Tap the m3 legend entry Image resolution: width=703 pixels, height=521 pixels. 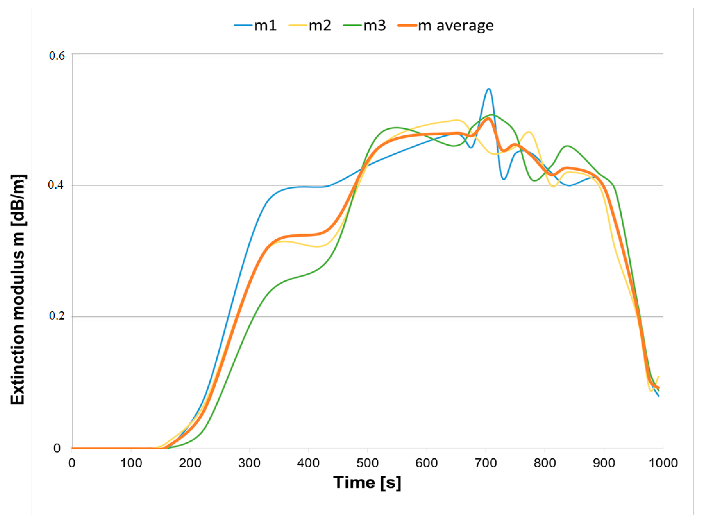pos(365,25)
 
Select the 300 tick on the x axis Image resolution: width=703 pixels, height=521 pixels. pos(249,463)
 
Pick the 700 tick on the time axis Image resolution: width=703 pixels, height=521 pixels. pos(486,463)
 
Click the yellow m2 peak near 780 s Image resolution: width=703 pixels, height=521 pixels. pos(529,132)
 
